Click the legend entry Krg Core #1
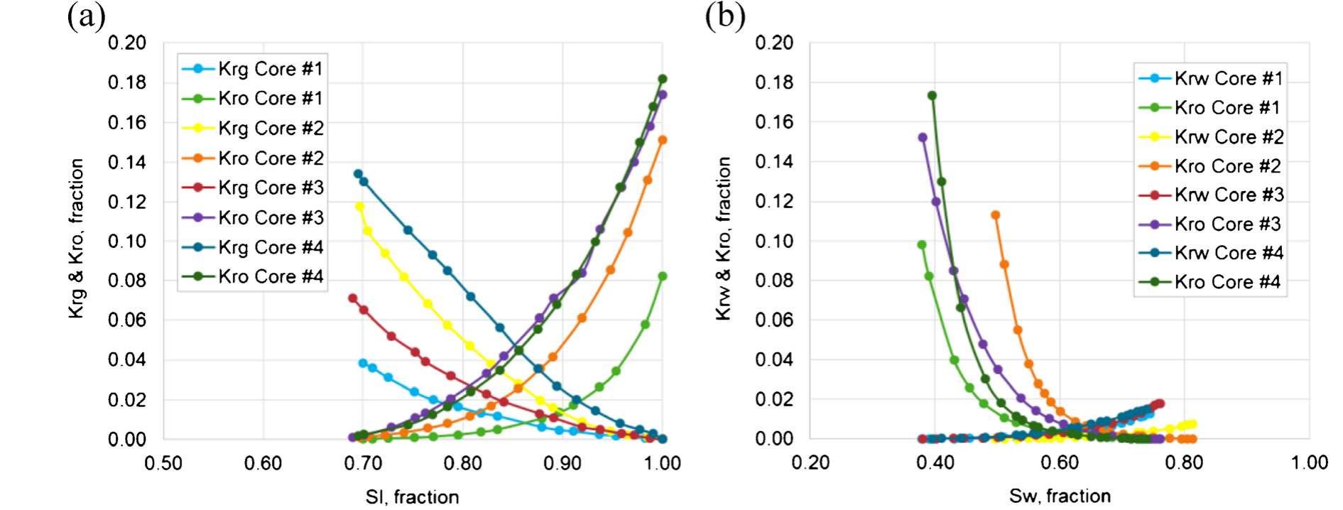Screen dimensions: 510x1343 (x=270, y=69)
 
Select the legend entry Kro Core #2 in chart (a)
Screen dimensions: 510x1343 (x=270, y=158)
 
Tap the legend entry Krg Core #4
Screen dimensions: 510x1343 (x=270, y=247)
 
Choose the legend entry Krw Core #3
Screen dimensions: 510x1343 (x=1228, y=195)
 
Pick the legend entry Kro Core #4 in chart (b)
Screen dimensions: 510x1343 (x=1227, y=282)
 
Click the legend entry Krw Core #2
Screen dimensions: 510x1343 (x=1228, y=136)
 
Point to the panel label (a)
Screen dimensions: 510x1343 (x=86, y=16)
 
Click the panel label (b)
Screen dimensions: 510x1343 (x=724, y=16)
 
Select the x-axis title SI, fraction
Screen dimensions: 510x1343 (x=412, y=497)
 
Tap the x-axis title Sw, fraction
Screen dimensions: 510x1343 (x=1059, y=496)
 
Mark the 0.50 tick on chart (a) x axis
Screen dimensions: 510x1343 (x=163, y=463)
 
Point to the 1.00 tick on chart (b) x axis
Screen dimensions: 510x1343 (x=1309, y=463)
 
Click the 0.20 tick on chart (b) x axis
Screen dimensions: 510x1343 (x=810, y=463)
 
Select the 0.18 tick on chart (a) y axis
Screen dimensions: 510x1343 (x=126, y=82)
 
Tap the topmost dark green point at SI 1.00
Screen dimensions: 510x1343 (x=663, y=79)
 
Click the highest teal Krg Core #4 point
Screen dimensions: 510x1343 (x=358, y=174)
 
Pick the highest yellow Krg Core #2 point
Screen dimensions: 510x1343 (x=359, y=207)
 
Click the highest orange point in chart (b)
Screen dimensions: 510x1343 (x=995, y=215)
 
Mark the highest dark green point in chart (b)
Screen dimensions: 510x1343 (x=932, y=96)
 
